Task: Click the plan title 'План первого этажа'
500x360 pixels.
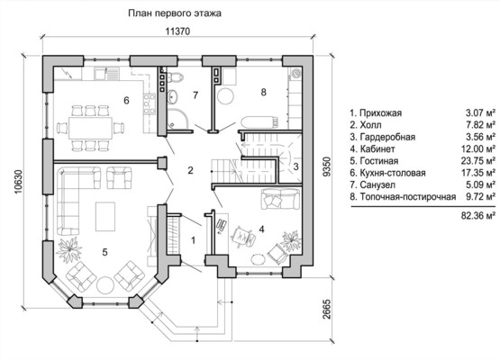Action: [x=175, y=13]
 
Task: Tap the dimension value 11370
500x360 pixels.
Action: [x=177, y=31]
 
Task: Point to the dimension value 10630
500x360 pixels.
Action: [x=18, y=182]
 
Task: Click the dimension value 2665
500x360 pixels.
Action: [x=326, y=309]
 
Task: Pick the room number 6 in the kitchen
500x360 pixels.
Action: [x=126, y=101]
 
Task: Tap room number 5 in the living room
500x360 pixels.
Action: [x=105, y=252]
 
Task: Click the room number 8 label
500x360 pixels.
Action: [x=263, y=92]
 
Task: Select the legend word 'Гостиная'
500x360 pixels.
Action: [x=379, y=161]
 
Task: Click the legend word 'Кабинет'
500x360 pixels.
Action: [x=377, y=148]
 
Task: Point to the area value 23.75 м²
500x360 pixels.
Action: [x=478, y=161]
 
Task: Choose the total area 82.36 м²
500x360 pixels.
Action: [x=478, y=216]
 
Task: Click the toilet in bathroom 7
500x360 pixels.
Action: [x=174, y=76]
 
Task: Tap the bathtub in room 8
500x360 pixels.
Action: [x=259, y=122]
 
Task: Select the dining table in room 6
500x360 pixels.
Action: [x=91, y=128]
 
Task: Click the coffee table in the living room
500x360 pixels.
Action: [x=105, y=217]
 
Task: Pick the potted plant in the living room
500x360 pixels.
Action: [x=68, y=249]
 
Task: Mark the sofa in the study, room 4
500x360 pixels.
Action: [x=280, y=199]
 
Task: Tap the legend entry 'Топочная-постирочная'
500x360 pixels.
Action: [x=408, y=197]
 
